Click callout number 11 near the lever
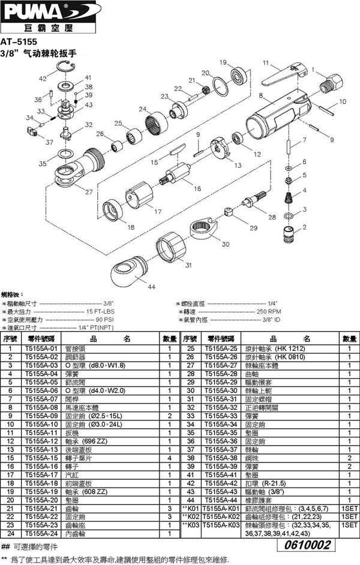tap(265, 63)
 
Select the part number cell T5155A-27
tap(221, 365)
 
